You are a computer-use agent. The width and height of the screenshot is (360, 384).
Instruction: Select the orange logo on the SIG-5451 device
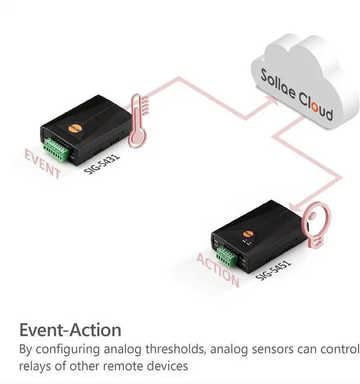[x=247, y=233]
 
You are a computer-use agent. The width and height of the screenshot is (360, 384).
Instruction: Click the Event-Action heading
[x=70, y=329]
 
